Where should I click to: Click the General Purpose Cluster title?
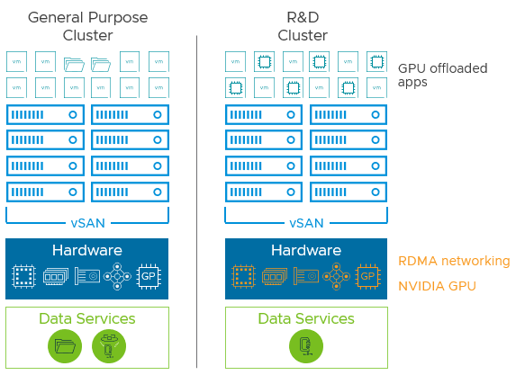point(87,26)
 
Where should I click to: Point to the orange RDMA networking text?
point(454,261)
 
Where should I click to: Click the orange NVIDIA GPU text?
point(437,286)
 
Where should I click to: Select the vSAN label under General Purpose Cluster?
point(87,223)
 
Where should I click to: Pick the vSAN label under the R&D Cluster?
point(306,223)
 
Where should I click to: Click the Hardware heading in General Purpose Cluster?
point(87,251)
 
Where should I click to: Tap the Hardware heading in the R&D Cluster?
point(306,251)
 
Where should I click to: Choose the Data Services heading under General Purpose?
point(87,319)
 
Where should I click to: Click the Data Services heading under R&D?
point(306,319)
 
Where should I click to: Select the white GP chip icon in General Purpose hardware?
point(149,277)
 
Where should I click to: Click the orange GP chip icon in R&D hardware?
point(367,277)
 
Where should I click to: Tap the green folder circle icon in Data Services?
point(65,346)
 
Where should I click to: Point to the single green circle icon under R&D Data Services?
point(306,346)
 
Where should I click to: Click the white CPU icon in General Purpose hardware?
point(24,277)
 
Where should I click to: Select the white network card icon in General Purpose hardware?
point(86,277)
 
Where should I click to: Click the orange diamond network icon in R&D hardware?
point(337,277)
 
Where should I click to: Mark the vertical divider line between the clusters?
point(196,198)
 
